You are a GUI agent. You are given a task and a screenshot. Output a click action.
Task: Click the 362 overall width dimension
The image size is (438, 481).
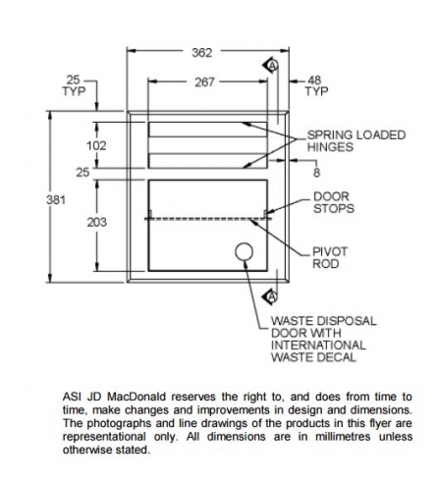click(202, 52)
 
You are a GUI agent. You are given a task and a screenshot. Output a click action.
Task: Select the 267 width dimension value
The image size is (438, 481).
click(205, 82)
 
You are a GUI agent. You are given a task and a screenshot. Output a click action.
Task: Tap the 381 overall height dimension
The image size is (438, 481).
click(56, 199)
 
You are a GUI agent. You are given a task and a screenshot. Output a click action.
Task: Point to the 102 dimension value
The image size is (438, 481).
click(96, 145)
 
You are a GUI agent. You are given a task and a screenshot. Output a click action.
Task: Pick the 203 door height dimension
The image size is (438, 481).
click(97, 222)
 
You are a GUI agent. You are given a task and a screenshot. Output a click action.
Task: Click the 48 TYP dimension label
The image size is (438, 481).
click(316, 85)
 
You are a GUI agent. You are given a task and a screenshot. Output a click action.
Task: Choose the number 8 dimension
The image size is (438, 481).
click(316, 173)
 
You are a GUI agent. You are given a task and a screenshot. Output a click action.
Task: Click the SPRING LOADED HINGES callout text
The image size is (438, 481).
click(356, 141)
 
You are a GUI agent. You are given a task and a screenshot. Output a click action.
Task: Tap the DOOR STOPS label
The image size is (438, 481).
click(334, 202)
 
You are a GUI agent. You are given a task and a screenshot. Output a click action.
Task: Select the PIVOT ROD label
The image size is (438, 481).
click(330, 258)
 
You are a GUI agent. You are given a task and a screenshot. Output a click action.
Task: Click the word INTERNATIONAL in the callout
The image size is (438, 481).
click(318, 346)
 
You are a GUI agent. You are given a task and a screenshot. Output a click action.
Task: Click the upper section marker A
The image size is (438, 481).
click(271, 66)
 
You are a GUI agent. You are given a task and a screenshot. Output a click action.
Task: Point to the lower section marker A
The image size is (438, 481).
click(271, 296)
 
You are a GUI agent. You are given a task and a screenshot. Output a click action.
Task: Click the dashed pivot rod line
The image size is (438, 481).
click(208, 219)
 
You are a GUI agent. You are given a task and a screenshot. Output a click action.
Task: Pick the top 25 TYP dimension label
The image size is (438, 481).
click(74, 85)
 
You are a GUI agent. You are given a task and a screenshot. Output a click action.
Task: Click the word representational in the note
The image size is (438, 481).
click(104, 437)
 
